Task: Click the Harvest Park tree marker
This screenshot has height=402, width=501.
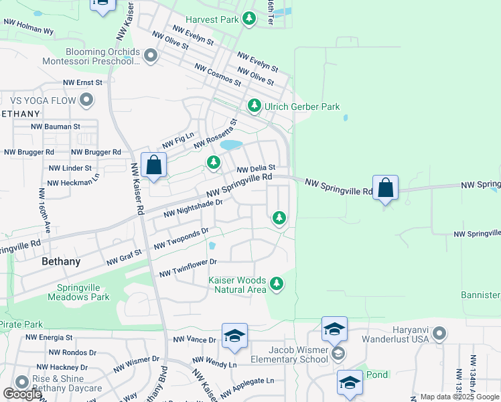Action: (x=249, y=19)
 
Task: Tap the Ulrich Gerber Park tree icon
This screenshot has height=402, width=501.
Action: (x=254, y=106)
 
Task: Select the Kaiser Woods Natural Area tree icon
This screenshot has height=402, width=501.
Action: (x=276, y=285)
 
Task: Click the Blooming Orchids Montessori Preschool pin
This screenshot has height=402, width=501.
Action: (x=150, y=56)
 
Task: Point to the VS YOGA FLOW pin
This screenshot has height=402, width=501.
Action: (x=86, y=100)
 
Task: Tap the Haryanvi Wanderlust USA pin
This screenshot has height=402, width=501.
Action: (x=439, y=333)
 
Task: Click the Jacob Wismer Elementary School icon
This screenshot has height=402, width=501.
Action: (x=339, y=352)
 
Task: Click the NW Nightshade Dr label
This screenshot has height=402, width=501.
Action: (x=193, y=208)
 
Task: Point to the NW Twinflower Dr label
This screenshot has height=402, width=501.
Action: (x=188, y=267)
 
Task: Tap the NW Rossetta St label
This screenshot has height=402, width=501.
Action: (x=216, y=135)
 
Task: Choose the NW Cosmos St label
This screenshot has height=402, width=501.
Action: (x=218, y=74)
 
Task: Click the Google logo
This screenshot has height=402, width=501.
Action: (x=22, y=394)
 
